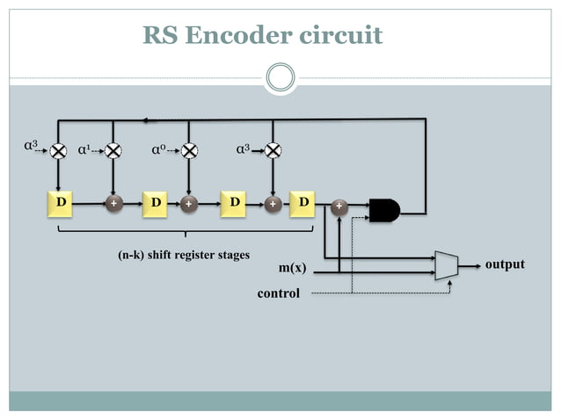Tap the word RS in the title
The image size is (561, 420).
161,35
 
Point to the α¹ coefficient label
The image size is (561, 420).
84,150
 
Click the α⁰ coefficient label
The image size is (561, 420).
158,150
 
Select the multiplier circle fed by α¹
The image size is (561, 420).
113,150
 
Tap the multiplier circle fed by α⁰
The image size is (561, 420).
188,150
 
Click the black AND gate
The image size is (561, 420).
384,210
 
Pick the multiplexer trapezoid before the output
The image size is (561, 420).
447,264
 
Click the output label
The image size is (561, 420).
505,264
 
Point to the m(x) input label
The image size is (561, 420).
291,267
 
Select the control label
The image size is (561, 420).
278,293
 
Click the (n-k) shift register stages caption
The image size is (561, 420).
183,256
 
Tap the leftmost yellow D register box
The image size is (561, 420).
60,203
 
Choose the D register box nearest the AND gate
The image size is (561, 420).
302,203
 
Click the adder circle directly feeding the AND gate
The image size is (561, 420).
339,207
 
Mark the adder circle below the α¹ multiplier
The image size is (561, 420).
113,204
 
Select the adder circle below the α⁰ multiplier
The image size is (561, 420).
188,204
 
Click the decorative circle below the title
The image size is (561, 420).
280,77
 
